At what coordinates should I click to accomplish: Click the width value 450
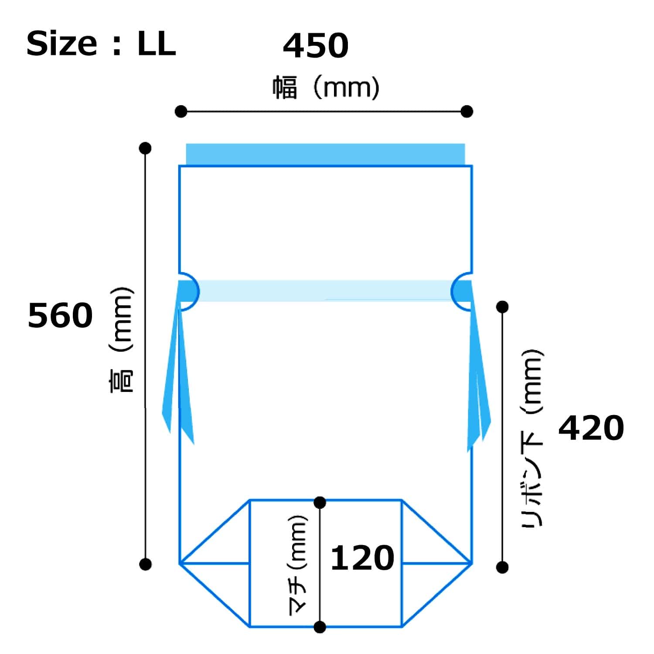[316, 46]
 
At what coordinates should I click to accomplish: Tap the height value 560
[60, 316]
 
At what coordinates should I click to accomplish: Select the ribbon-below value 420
[591, 428]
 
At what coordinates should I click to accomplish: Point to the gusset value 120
[362, 558]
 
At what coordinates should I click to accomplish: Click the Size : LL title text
[101, 44]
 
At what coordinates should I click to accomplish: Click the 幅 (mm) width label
[326, 88]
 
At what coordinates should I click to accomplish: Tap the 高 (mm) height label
[121, 340]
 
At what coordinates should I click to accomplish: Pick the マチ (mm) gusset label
[299, 565]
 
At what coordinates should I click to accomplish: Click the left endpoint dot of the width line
[181, 112]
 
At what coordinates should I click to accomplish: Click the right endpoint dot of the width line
[467, 112]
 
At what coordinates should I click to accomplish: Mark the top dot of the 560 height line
[145, 148]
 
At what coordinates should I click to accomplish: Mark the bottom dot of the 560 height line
[145, 564]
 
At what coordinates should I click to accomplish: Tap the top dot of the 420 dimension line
[502, 307]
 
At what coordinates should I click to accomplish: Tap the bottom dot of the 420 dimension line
[502, 567]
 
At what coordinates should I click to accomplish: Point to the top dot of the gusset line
[320, 502]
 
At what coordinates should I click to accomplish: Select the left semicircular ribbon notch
[188, 291]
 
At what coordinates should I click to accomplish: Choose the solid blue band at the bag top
[325, 154]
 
